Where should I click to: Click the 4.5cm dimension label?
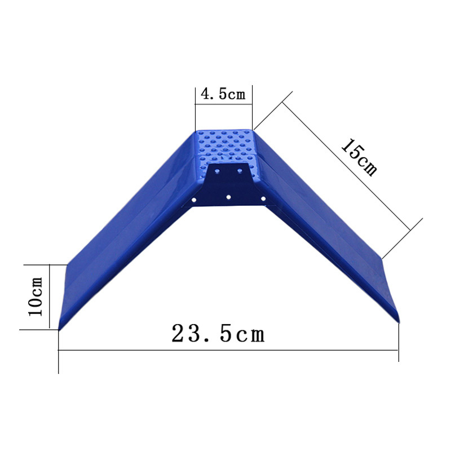(x=223, y=94)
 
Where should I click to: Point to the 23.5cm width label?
(x=218, y=334)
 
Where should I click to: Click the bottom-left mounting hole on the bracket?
(x=194, y=200)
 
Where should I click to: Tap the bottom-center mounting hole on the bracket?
(x=228, y=197)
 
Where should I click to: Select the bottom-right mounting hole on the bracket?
(x=262, y=198)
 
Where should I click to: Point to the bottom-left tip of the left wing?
(x=60, y=329)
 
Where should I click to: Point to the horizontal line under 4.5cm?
(x=223, y=104)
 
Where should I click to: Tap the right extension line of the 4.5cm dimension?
(x=252, y=107)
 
